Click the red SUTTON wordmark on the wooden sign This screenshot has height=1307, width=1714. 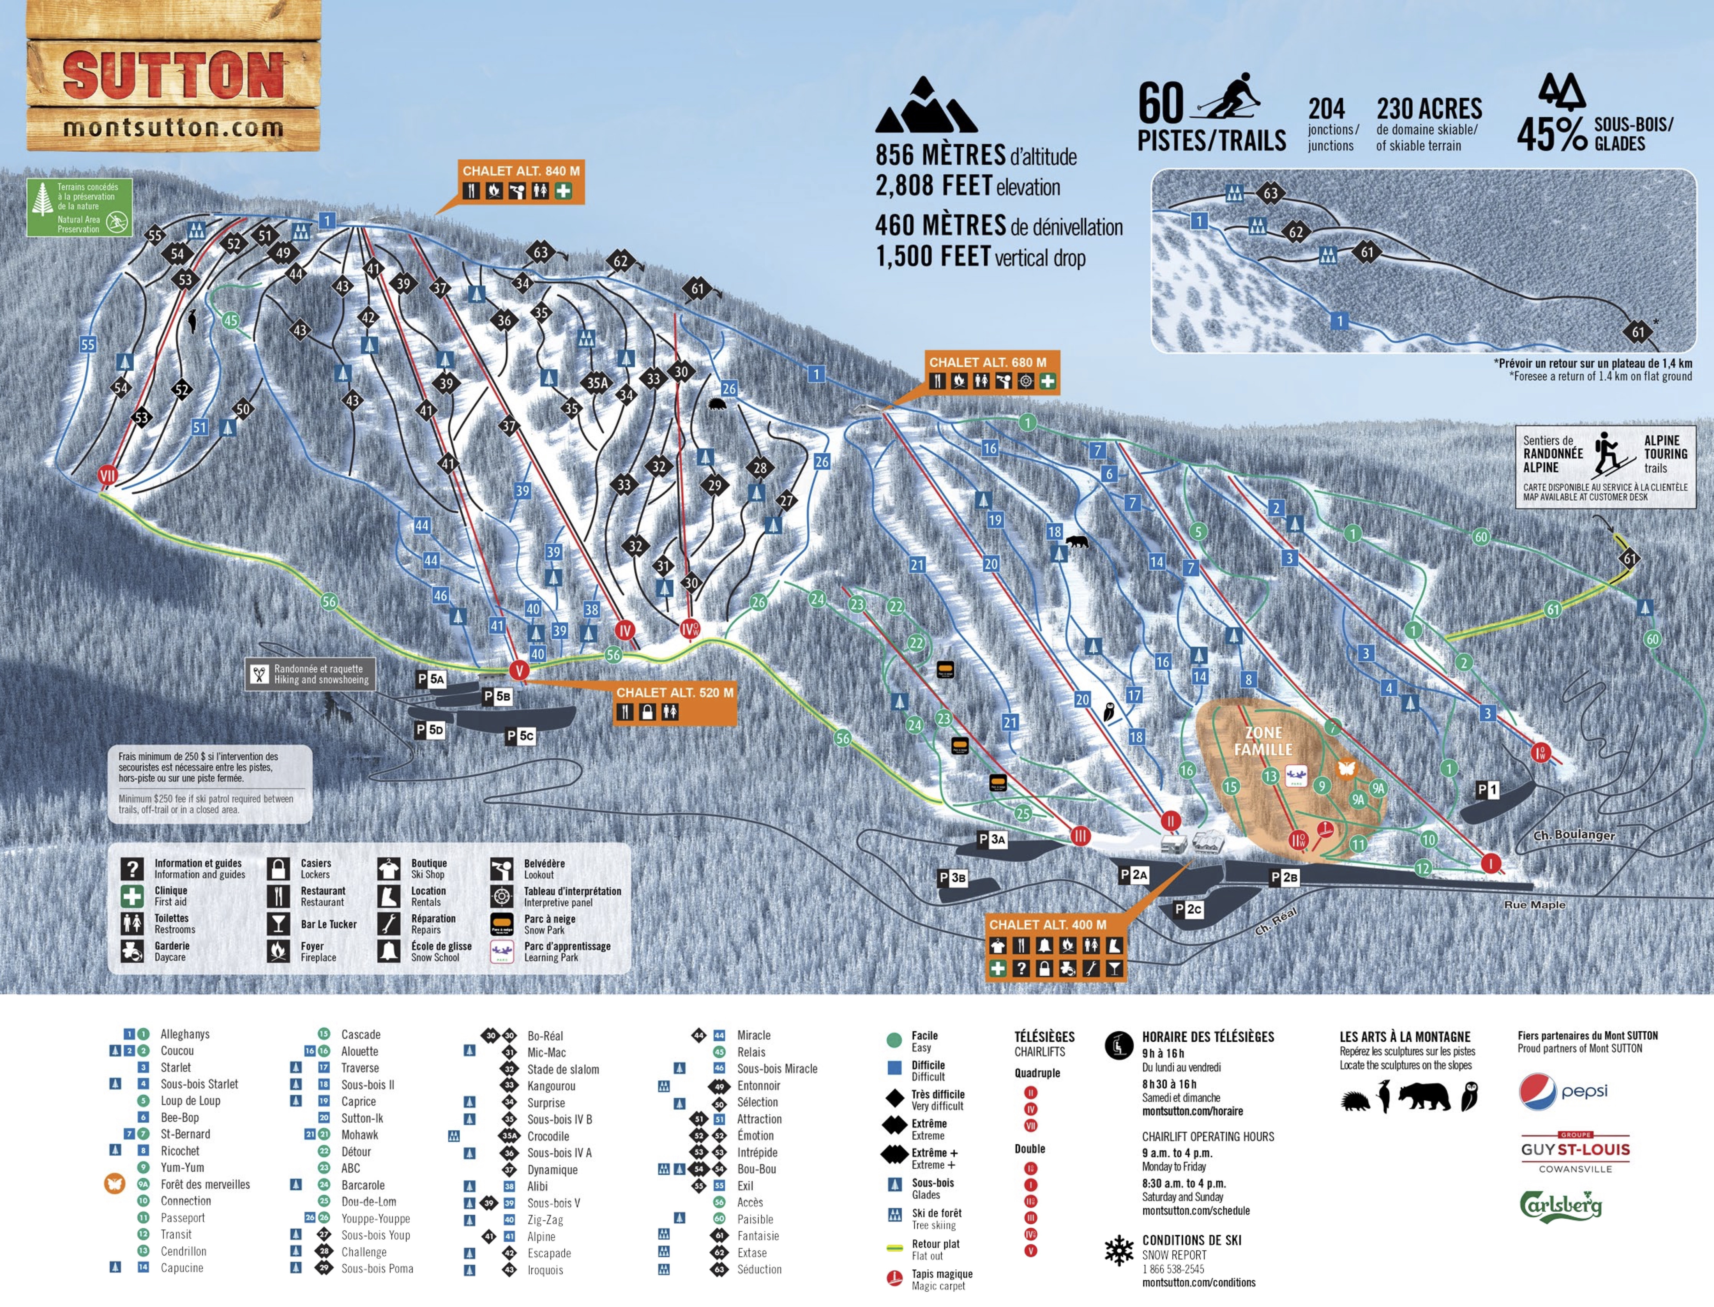[173, 76]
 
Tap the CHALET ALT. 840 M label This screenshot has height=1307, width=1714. [520, 170]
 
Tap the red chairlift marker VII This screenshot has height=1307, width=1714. [107, 474]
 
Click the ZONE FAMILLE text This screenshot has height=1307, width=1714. [1263, 741]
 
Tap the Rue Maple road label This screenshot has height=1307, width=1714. [1534, 905]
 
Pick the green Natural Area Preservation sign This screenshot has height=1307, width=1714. [79, 207]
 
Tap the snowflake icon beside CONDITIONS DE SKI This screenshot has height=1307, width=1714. [1119, 1249]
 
